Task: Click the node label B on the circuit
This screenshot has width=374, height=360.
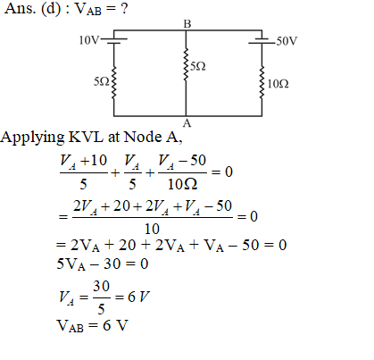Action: [x=187, y=24]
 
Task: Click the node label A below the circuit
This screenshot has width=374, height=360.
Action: [x=187, y=122]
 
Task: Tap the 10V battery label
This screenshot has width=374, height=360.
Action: [x=88, y=40]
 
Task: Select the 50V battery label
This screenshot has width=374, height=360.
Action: [x=287, y=41]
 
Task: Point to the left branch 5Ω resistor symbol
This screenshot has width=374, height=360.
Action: [x=113, y=83]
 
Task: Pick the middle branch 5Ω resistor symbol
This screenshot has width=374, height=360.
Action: [x=186, y=64]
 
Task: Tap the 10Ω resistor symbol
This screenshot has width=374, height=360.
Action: [x=262, y=82]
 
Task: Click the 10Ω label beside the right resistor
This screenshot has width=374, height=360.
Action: [x=278, y=84]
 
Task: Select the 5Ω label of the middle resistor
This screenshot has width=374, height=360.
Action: [x=198, y=66]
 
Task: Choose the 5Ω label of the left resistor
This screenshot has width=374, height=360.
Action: [x=102, y=81]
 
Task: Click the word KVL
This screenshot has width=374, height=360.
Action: [x=86, y=137]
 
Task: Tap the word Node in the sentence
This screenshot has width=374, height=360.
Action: [x=143, y=137]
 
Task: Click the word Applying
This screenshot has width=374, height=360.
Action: [x=32, y=138]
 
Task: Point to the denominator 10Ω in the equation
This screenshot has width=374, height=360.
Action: [x=182, y=184]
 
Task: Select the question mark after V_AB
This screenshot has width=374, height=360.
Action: [x=124, y=8]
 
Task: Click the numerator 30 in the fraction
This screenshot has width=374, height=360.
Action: [x=102, y=286]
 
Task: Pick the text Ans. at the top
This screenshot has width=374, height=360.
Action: [x=21, y=8]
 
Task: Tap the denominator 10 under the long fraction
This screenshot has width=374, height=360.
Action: [x=152, y=229]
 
